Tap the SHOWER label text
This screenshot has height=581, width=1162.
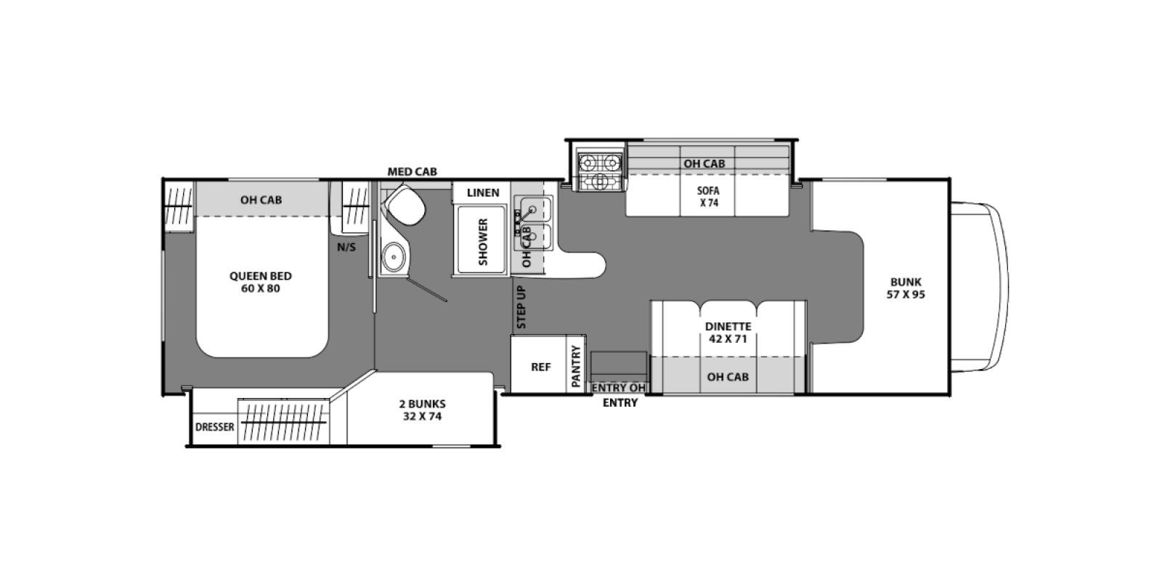(483, 242)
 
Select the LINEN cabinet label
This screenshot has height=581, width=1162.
(482, 192)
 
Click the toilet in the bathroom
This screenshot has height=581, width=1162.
(405, 205)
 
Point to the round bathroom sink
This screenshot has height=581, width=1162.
(394, 257)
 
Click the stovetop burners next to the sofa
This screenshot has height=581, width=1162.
(600, 172)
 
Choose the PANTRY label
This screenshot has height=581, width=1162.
(575, 366)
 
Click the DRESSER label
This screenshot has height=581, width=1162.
(214, 427)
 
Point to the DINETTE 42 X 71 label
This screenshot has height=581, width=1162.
(728, 333)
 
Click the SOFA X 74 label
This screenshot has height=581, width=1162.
(709, 197)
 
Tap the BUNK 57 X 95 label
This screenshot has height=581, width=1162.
(906, 288)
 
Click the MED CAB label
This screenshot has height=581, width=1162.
(413, 171)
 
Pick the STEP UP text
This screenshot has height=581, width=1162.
(521, 307)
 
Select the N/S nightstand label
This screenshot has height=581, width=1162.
(346, 247)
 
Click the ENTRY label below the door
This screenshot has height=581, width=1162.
(620, 402)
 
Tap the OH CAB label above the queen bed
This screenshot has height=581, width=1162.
(261, 200)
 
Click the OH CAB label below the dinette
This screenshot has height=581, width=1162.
(728, 377)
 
